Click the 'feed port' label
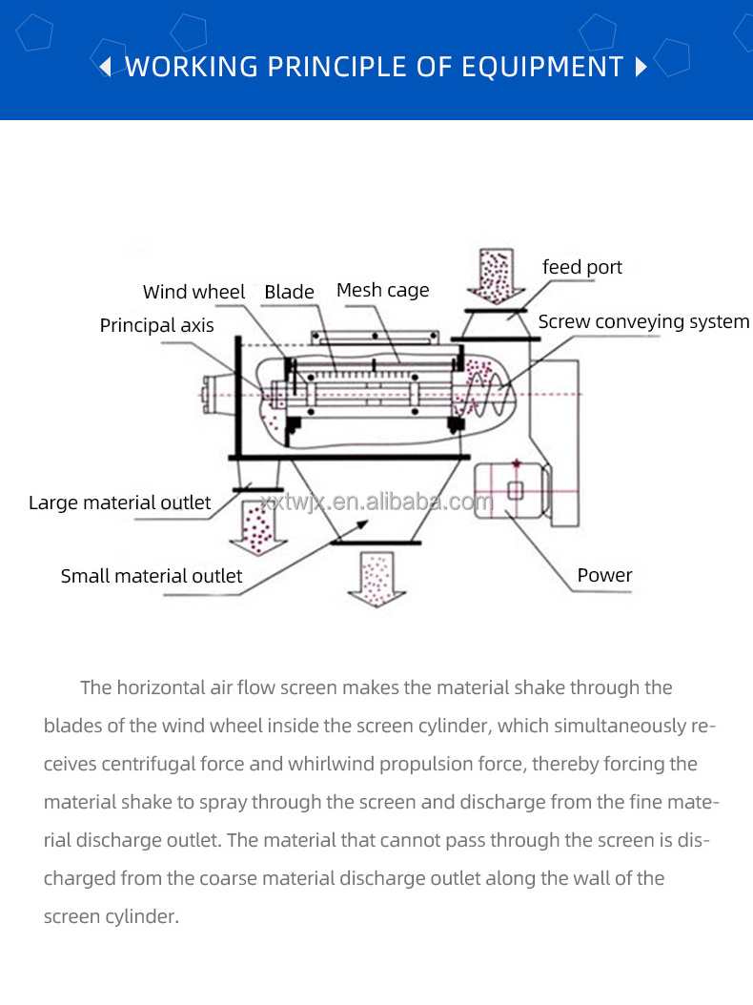coord(581,267)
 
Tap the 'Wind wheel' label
coord(193,292)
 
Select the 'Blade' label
coord(289,292)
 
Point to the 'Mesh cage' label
coord(382,290)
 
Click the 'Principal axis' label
coord(156,326)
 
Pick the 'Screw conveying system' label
coord(643,322)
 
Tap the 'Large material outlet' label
coord(119,502)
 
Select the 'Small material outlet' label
coord(151,576)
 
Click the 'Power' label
coord(604,575)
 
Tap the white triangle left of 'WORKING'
coord(107,67)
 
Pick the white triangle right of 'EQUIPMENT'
coord(641,67)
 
